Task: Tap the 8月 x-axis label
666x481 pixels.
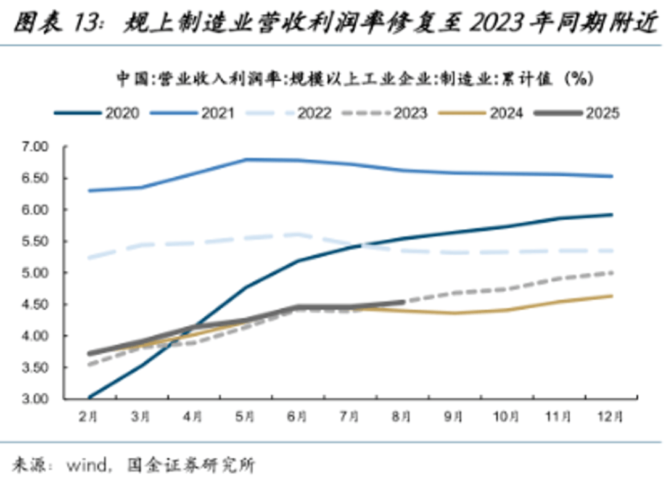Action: (x=401, y=417)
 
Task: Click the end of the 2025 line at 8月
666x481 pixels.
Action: (x=402, y=302)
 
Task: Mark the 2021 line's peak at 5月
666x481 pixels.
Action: (x=245, y=159)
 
